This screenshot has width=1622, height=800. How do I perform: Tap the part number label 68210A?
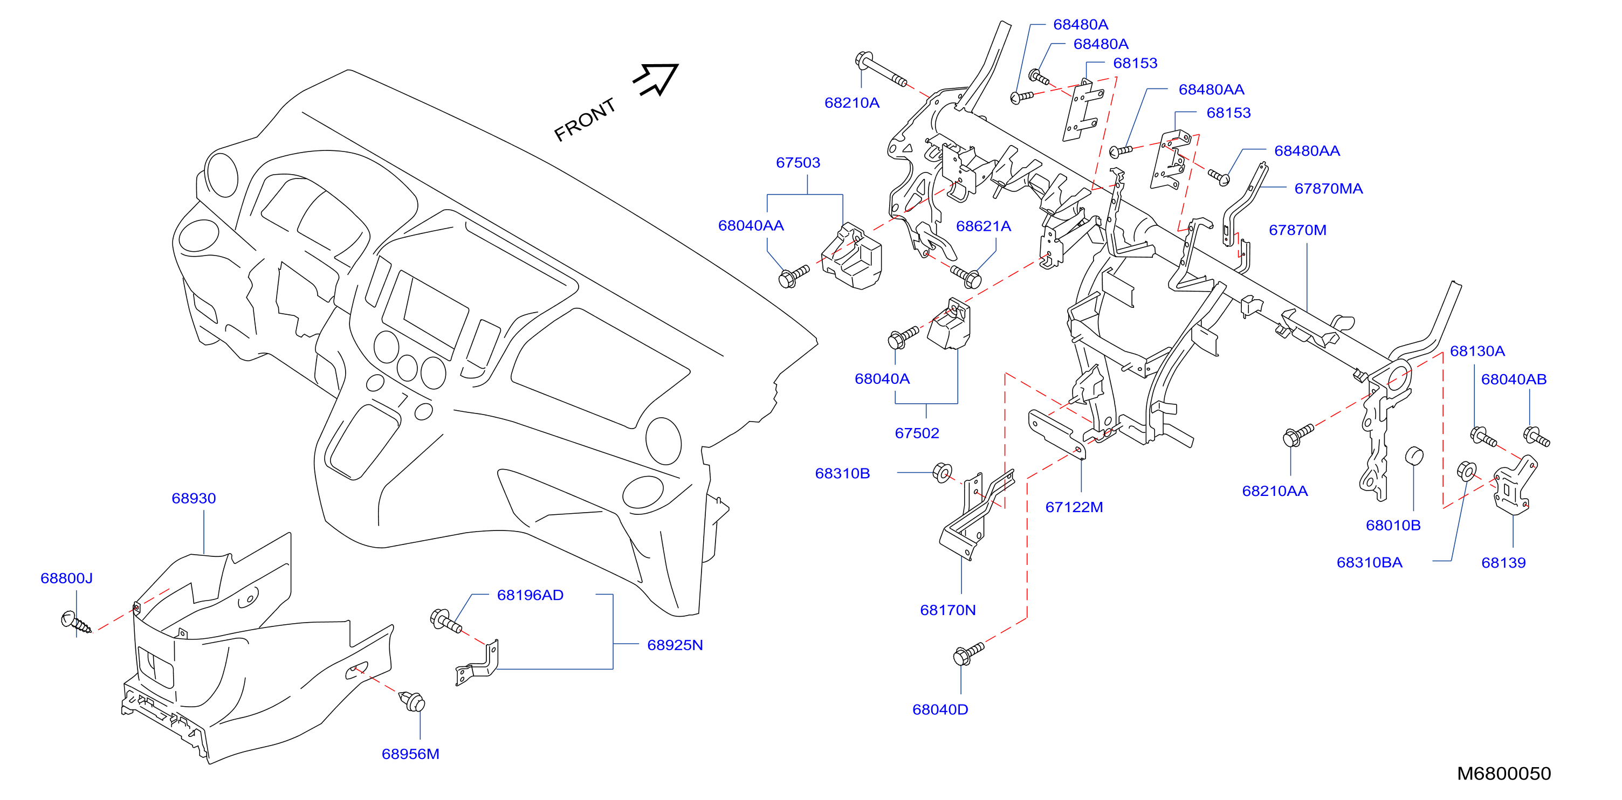[x=851, y=102]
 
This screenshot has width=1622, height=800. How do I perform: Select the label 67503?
[x=798, y=162]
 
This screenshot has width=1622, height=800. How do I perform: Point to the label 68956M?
[x=410, y=754]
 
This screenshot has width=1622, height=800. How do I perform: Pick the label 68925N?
[x=675, y=645]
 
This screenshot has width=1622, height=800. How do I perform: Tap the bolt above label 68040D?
[x=968, y=653]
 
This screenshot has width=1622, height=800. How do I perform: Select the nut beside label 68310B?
[x=942, y=472]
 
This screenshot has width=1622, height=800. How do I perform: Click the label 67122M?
[x=1074, y=507]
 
